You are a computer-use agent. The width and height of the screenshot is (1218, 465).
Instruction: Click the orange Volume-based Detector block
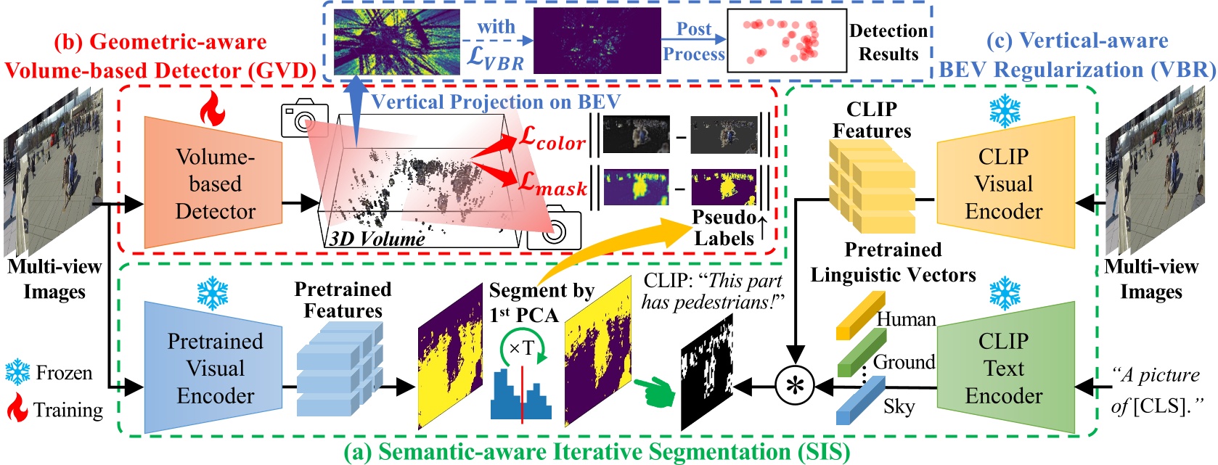pos(215,183)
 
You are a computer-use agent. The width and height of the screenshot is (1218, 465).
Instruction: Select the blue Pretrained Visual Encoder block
pos(215,368)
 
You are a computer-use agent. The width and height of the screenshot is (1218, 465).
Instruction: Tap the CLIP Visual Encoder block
pos(1005,183)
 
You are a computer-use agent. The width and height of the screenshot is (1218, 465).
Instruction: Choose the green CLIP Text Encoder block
pos(1005,368)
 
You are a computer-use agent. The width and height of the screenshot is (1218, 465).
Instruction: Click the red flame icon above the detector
pos(213,108)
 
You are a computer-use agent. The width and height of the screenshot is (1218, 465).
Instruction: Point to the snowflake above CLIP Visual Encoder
pos(1005,111)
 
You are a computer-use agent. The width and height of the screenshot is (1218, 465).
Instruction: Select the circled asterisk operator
pos(795,385)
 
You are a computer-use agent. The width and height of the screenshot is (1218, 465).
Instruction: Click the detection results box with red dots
pos(787,40)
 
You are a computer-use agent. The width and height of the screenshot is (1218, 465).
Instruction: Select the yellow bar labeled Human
pos(860,316)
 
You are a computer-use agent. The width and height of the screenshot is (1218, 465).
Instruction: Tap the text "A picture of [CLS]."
pos(1154,390)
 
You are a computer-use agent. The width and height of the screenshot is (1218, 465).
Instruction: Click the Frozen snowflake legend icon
pos(17,372)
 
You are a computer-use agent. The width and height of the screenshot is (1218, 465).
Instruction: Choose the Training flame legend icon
pos(17,409)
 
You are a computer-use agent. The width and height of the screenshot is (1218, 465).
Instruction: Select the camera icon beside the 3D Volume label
pos(554,230)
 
